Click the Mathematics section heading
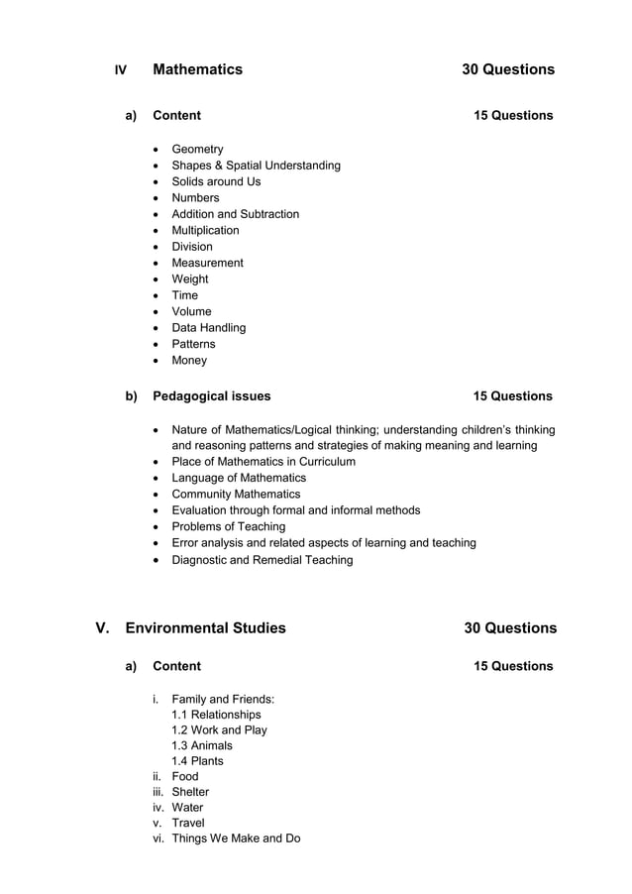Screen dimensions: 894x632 point(197,69)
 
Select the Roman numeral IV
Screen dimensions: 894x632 point(121,70)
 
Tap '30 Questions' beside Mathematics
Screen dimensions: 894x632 point(507,69)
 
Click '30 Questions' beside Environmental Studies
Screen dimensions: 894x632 point(509,628)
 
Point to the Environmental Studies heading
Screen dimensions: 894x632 point(205,628)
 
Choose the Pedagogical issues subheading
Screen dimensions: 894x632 point(211,396)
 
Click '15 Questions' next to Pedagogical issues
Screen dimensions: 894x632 point(512,396)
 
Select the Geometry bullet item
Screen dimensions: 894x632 point(197,149)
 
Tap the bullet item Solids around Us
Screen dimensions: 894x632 point(216,181)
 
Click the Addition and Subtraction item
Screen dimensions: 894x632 point(235,214)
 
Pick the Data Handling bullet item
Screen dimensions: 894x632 point(208,328)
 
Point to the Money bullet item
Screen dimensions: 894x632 point(189,361)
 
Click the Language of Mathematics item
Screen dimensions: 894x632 point(239,478)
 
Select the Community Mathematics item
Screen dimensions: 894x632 point(236,495)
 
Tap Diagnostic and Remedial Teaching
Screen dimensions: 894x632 point(262,560)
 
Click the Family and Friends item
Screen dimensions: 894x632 point(222,699)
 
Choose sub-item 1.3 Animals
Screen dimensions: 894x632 point(202,745)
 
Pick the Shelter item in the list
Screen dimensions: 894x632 point(190,792)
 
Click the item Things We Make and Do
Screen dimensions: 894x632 point(236,838)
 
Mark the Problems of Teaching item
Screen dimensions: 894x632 point(228,527)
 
